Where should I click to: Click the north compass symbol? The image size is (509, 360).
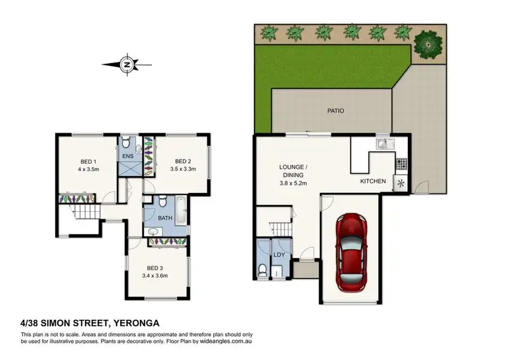pos(127,65)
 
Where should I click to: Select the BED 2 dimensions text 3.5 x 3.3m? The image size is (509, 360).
pos(181,171)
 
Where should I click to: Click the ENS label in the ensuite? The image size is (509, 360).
pos(128,156)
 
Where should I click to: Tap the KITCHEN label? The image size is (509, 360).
pos(373,181)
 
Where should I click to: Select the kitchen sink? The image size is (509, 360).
pos(383,143)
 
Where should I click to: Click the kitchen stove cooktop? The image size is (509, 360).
pos(401,163)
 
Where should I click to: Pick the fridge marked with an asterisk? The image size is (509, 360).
pos(400,183)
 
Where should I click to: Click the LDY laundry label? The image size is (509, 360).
pos(278,255)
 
